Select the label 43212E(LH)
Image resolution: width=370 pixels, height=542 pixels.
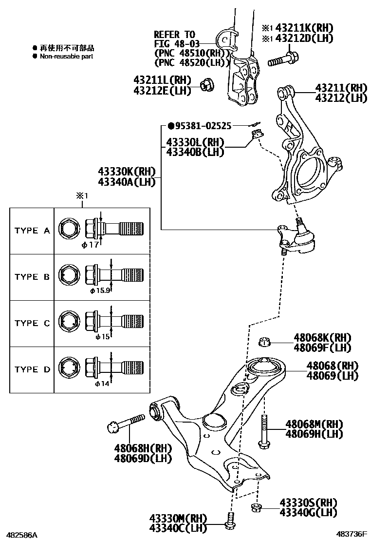click(x=162, y=91)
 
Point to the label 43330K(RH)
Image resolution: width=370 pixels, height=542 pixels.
click(x=126, y=172)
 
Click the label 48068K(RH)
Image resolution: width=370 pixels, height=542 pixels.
click(x=322, y=337)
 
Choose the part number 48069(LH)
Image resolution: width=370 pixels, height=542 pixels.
click(x=333, y=376)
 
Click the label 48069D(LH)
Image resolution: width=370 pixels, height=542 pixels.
click(x=143, y=458)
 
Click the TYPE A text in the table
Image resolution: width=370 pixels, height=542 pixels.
click(x=32, y=231)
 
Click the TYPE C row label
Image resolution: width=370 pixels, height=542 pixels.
click(x=32, y=323)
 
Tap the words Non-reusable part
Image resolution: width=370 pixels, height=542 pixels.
click(x=67, y=57)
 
